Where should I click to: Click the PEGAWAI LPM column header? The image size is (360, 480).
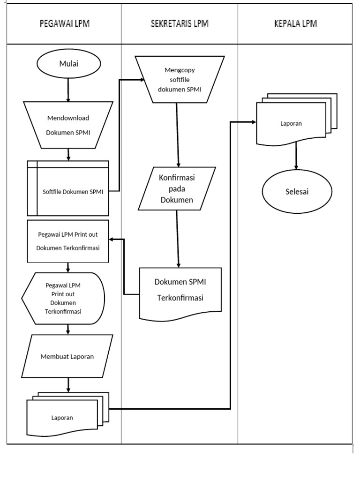click(64, 24)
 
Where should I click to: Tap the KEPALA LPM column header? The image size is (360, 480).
click(295, 24)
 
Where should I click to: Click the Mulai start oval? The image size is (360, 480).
click(68, 64)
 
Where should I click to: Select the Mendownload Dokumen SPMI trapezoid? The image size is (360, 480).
click(68, 125)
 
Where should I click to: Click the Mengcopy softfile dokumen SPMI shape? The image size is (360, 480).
click(180, 79)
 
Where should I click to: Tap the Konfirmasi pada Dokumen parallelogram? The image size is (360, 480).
click(177, 188)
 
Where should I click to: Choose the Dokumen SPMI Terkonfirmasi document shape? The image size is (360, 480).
click(180, 291)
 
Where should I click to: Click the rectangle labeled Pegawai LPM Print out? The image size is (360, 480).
click(68, 241)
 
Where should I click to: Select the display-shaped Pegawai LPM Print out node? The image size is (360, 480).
click(64, 298)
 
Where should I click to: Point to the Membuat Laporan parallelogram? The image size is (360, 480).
click(67, 356)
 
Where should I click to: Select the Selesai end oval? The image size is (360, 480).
click(297, 192)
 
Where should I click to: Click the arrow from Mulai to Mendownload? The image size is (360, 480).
click(68, 90)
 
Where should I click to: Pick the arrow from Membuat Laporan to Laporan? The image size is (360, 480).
click(68, 384)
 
